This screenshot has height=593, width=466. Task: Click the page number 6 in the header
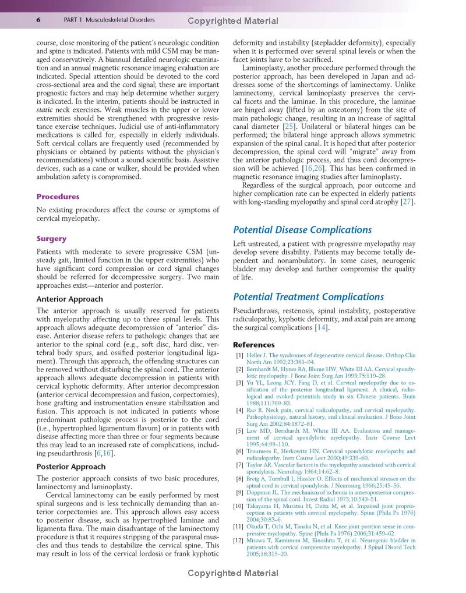click(38, 20)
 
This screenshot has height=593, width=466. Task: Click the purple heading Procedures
click(58, 197)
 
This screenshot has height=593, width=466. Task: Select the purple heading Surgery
click(51, 239)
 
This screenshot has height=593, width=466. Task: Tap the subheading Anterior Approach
click(69, 299)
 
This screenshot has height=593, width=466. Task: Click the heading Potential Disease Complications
click(302, 230)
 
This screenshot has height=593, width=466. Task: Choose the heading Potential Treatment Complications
click(308, 297)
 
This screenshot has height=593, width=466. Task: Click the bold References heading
click(254, 345)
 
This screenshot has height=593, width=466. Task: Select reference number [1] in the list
click(239, 355)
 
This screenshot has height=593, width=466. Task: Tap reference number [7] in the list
click(239, 465)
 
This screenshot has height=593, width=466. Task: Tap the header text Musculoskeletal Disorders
click(120, 20)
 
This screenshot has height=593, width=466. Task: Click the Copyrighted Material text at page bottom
click(233, 574)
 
